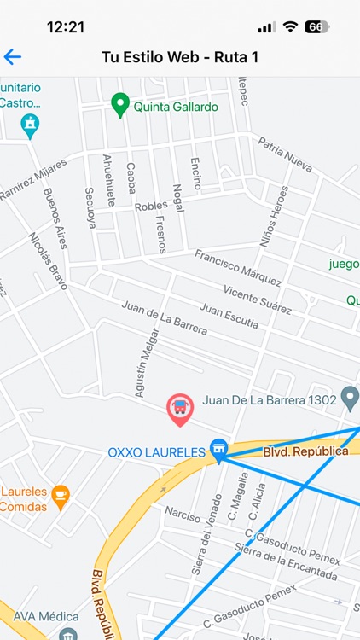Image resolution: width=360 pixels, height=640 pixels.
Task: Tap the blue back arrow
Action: click(12, 57)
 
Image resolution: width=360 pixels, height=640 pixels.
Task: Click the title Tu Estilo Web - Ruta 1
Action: click(180, 57)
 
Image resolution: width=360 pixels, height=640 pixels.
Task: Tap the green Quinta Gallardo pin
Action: click(120, 105)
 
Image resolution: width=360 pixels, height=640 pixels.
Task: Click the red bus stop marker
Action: click(179, 409)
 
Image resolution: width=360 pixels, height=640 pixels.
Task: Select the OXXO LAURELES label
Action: click(157, 452)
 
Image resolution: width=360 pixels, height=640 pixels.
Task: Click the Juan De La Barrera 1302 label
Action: click(269, 399)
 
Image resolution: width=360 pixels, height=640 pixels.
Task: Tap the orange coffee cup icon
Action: click(60, 495)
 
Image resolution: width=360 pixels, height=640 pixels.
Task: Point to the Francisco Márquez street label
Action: click(238, 268)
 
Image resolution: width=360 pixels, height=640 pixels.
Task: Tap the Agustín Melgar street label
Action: click(146, 363)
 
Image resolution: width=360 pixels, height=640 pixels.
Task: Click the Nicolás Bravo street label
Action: click(48, 261)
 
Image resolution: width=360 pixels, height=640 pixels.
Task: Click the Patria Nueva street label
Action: click(285, 154)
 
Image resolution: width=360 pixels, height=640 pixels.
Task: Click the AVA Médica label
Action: click(39, 616)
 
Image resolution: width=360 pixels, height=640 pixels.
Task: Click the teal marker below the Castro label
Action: click(30, 125)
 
